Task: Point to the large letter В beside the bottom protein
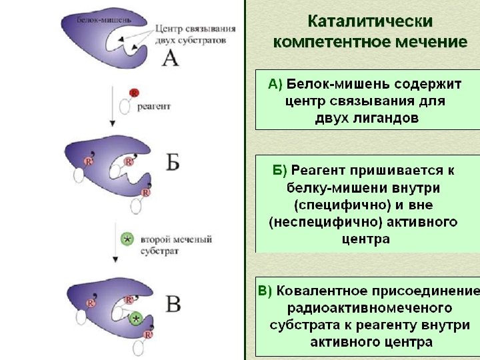[x=173, y=304]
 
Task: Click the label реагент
[x=154, y=105]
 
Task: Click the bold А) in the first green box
[x=275, y=85]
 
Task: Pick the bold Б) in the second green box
[x=280, y=171]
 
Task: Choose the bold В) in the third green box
[x=265, y=291]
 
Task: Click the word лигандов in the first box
[x=388, y=119]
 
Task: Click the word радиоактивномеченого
[x=369, y=309]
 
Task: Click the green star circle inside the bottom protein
[x=136, y=319]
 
